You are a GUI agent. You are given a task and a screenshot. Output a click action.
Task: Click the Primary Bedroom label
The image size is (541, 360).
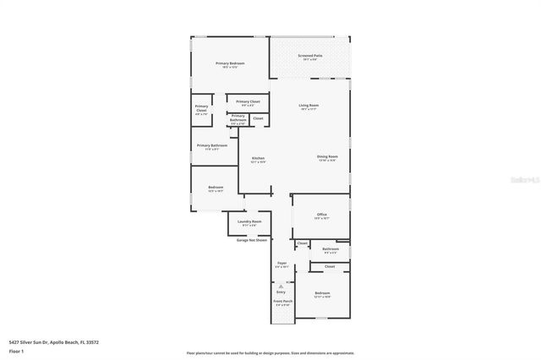click(230, 64)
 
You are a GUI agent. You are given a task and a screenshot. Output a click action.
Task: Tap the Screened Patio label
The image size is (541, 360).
click(309, 56)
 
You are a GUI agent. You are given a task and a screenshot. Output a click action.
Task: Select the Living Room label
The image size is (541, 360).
click(308, 105)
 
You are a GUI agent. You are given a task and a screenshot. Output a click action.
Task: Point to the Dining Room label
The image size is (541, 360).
click(327, 156)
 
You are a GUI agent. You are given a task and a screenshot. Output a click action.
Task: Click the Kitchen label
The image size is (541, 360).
click(258, 158)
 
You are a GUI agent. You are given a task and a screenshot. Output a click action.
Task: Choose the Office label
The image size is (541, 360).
click(321, 215)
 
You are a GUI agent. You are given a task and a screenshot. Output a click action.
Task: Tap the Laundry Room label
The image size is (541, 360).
click(251, 221)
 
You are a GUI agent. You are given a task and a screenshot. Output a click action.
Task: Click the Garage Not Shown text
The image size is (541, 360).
click(251, 240)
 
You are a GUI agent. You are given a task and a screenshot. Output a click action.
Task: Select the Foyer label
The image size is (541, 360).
click(281, 264)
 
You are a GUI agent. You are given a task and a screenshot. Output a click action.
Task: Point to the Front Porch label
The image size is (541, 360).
click(282, 301)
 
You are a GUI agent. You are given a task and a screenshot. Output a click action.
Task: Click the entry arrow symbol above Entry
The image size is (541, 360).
click(281, 286)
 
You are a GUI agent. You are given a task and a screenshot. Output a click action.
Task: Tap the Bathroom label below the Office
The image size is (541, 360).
click(330, 248)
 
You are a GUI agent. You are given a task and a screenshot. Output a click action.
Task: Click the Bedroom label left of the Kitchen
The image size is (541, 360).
click(216, 187)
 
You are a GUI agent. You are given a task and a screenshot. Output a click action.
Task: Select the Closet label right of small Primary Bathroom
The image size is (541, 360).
click(258, 118)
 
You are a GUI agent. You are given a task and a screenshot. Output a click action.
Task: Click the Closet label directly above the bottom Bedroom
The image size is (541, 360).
click(330, 266)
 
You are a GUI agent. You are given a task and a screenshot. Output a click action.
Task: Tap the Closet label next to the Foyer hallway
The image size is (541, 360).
click(302, 243)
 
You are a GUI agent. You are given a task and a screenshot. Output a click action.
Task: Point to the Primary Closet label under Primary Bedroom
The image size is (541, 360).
click(248, 101)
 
